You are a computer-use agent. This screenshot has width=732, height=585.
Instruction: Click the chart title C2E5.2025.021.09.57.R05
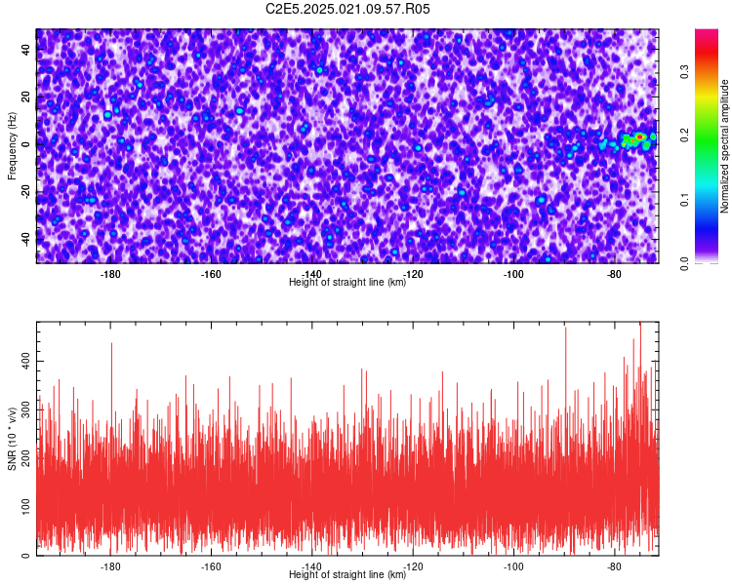pos(347,9)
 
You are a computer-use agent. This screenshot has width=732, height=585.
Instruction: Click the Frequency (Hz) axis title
pos(12,146)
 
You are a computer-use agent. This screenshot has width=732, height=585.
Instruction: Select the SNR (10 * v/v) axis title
pos(12,439)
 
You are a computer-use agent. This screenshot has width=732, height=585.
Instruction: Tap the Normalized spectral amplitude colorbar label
pos(724,146)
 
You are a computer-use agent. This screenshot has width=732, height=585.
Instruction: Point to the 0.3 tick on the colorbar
pos(684,72)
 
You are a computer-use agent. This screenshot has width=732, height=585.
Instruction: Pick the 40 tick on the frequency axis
pos(25,49)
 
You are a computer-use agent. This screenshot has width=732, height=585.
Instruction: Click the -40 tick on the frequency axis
pos(25,240)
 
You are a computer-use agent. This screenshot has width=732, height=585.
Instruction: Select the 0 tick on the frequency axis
pos(25,144)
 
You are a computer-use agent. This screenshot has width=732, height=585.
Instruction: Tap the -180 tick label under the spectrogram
pos(110,274)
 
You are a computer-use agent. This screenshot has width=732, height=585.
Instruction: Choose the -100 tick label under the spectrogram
pos(513,274)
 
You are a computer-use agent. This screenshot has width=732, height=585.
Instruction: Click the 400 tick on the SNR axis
pos(25,361)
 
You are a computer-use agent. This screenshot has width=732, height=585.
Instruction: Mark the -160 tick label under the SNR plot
pos(211,566)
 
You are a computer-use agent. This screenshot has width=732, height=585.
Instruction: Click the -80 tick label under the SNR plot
pos(614,566)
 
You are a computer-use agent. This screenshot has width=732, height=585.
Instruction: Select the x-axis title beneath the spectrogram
pos(347,282)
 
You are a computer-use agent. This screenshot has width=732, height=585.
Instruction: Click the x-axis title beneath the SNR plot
pos(347,574)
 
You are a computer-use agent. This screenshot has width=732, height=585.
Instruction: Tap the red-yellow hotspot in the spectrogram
pos(639,136)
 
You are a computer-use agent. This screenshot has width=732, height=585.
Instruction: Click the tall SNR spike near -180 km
pos(111,373)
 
